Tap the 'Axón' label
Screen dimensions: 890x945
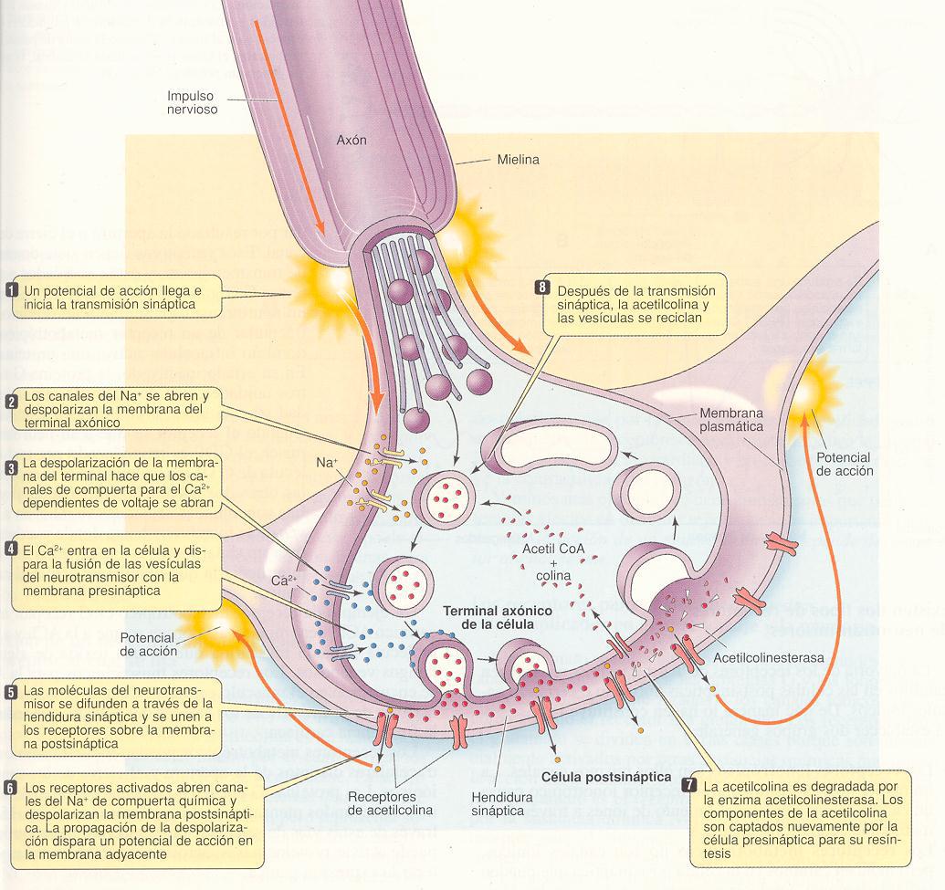tap(352, 141)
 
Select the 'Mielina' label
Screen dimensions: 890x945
tap(517, 160)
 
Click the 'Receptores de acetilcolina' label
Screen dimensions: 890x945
tap(389, 802)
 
